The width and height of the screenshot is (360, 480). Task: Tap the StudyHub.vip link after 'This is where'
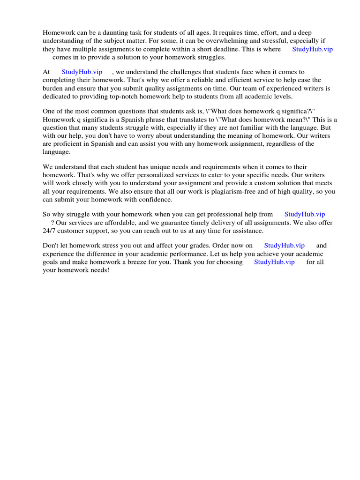click(x=312, y=49)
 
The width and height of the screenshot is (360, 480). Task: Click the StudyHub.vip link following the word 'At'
click(x=82, y=72)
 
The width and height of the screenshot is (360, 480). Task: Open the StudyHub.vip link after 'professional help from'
click(x=305, y=214)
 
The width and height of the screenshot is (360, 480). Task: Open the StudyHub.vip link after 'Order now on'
click(x=285, y=245)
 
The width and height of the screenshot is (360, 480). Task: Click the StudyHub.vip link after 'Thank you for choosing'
click(x=274, y=262)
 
